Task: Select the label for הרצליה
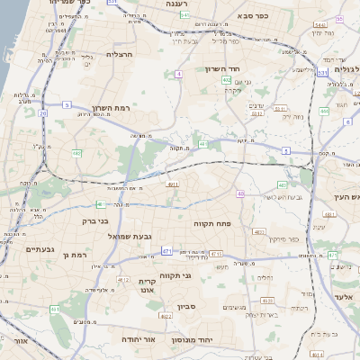pos(120,54)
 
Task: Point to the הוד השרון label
pos(245,69)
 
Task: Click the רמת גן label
pos(69,256)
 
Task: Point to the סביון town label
pos(187,307)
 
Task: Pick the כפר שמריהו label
pos(68,3)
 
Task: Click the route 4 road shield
pos(179,74)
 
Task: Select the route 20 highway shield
pos(43,113)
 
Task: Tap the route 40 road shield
pos(240,193)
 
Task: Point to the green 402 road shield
pos(227,80)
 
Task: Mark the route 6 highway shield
pos(347,121)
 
